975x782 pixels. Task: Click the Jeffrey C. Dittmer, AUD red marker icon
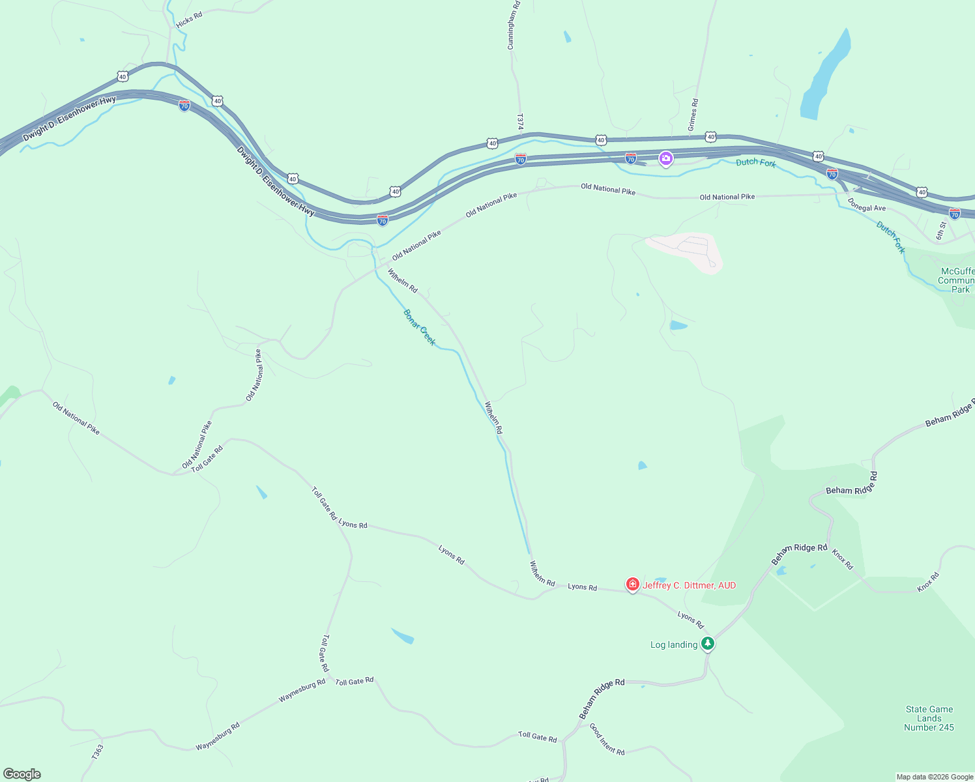coord(632,585)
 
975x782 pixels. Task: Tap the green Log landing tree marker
coord(708,644)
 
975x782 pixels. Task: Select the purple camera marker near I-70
coord(665,158)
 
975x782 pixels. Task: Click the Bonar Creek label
coord(419,327)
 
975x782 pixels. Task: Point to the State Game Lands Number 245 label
coord(929,718)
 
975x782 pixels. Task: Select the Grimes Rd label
coord(693,115)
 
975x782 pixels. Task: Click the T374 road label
coord(520,122)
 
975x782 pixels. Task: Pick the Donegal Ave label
coord(867,208)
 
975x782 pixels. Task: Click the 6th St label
coord(941,230)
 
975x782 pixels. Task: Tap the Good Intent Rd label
coord(607,739)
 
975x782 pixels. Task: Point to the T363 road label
coord(97,752)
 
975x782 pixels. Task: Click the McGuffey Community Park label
coord(957,280)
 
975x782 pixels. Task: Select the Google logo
coord(22,774)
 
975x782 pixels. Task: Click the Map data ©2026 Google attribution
coord(935,777)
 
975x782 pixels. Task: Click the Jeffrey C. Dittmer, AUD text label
coord(689,585)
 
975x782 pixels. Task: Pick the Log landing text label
coord(674,644)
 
